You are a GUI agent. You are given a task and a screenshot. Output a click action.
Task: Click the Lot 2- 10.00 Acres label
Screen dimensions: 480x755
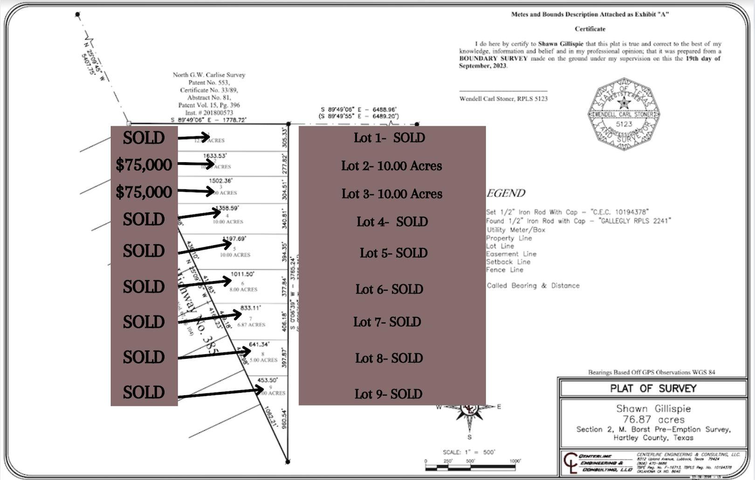[x=391, y=166]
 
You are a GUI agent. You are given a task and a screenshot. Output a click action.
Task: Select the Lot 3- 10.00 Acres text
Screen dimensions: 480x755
[x=391, y=194]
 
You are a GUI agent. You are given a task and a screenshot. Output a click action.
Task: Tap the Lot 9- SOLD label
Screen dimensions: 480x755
[x=388, y=394]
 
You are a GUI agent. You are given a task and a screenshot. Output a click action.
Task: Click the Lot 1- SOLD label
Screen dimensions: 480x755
[x=389, y=138]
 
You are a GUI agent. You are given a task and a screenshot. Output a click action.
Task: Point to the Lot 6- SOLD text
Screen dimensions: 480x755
[x=389, y=289]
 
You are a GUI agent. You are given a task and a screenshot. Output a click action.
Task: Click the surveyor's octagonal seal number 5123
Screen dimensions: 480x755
[x=624, y=124]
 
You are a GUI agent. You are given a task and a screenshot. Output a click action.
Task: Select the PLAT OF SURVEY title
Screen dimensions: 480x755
[x=653, y=389]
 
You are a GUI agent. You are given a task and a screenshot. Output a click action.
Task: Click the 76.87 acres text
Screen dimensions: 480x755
[x=653, y=419]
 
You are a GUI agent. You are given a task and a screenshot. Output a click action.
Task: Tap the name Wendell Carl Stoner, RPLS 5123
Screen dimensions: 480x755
[x=503, y=99]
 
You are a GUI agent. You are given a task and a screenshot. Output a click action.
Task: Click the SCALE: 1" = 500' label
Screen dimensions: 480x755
[x=468, y=452]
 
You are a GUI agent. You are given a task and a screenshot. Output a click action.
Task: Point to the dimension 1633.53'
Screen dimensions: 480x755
[x=214, y=156]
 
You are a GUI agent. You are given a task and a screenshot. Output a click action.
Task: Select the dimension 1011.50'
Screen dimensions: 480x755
[x=242, y=274]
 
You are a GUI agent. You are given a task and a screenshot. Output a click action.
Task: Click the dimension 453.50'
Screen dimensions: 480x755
[x=267, y=380]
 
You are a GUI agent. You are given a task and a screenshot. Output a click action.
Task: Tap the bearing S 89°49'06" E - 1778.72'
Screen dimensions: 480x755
[x=208, y=120]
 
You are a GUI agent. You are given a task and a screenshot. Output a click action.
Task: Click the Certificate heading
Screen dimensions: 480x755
[x=590, y=29]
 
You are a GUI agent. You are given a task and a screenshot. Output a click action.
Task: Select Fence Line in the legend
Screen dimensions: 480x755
[x=505, y=270]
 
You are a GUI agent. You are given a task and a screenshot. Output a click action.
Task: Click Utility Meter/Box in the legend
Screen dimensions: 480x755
[x=515, y=230]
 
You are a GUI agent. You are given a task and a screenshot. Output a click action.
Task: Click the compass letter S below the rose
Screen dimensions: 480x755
[x=469, y=437]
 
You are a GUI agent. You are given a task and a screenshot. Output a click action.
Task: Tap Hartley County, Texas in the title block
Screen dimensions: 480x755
[x=653, y=438]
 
